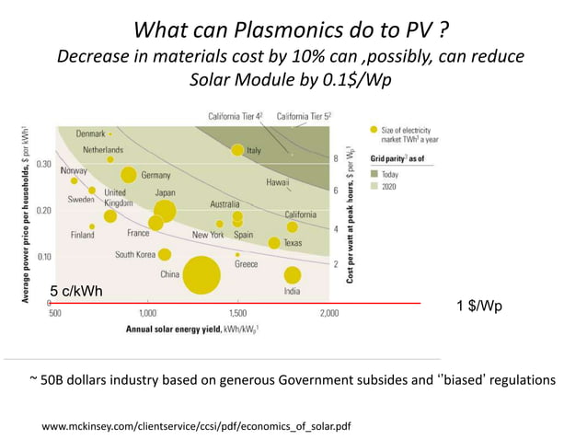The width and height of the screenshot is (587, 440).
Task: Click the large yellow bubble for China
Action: pyautogui.click(x=201, y=274)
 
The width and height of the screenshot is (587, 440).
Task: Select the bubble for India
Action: pyautogui.click(x=293, y=274)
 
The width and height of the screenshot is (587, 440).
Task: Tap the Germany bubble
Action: pyautogui.click(x=129, y=175)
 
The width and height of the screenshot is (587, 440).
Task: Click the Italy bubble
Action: pyautogui.click(x=237, y=150)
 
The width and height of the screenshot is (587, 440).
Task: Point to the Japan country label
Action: pyautogui.click(x=165, y=192)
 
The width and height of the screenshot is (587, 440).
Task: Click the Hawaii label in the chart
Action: pyautogui.click(x=278, y=183)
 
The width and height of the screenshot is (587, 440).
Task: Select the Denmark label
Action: pyautogui.click(x=90, y=133)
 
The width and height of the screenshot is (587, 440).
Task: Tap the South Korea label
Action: pyautogui.click(x=134, y=254)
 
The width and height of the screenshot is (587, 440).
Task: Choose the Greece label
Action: pyautogui.click(x=246, y=264)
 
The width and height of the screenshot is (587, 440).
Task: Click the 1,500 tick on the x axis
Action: pyautogui.click(x=237, y=313)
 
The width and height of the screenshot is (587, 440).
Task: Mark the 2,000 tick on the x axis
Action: pyautogui.click(x=328, y=313)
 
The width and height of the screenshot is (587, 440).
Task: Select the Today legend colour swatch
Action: pyautogui.click(x=374, y=172)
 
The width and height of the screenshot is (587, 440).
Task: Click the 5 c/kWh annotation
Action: pyautogui.click(x=75, y=292)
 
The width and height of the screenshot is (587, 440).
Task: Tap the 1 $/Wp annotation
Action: pyautogui.click(x=480, y=305)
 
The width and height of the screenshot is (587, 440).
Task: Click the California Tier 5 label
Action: pyautogui.click(x=305, y=117)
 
